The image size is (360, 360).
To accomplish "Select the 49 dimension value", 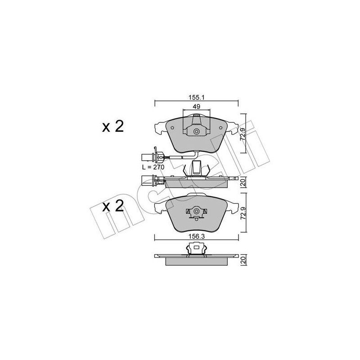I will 195,107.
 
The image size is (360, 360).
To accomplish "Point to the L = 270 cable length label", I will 153,166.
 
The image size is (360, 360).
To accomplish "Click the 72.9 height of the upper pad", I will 243,134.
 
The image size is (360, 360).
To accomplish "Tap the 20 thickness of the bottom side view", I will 243,260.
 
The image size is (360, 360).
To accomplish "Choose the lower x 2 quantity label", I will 112,207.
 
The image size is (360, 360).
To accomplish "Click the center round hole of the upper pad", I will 196,132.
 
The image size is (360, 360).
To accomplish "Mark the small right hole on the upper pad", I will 220,127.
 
